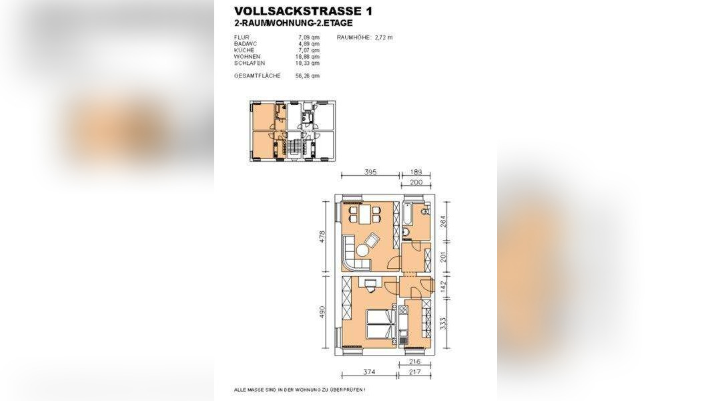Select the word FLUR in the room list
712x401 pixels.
point(241,37)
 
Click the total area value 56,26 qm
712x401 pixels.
point(308,76)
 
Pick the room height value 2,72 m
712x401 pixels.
point(383,37)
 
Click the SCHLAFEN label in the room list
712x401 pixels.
point(248,63)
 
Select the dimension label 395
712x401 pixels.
point(370,172)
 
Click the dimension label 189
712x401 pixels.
point(416,172)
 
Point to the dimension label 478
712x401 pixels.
point(322,237)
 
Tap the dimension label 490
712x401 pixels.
point(322,313)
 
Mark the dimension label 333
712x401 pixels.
point(442,323)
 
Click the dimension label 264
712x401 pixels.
point(442,221)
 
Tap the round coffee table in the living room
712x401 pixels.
point(362,251)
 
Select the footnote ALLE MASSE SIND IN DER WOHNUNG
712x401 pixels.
point(300,389)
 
